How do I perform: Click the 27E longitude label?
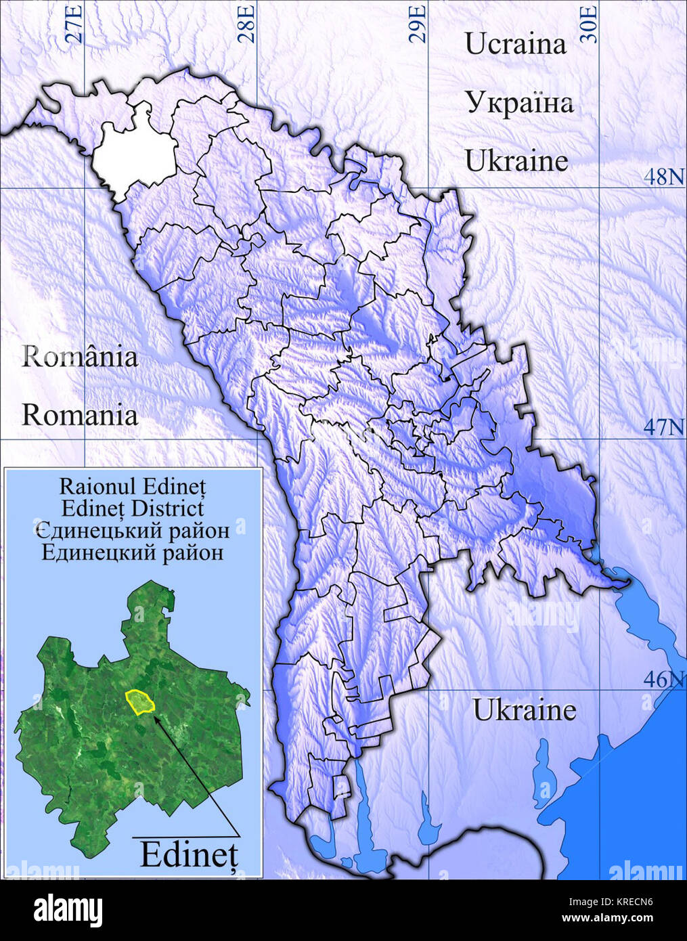(x=76, y=24)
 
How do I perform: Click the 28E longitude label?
(x=248, y=24)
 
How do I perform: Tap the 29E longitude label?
(x=420, y=24)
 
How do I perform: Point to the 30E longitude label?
(x=591, y=24)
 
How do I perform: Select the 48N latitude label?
(x=663, y=177)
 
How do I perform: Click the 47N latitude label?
(x=663, y=427)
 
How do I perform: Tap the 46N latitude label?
(x=663, y=679)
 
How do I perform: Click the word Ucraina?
(x=515, y=44)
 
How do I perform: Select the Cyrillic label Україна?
(x=518, y=103)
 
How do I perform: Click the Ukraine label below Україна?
(x=516, y=161)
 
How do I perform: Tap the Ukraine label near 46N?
(x=524, y=710)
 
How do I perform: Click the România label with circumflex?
(x=80, y=356)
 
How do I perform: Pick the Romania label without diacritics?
(x=80, y=414)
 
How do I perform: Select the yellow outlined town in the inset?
(x=140, y=702)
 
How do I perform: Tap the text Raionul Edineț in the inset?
(x=133, y=486)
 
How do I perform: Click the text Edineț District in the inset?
(x=133, y=508)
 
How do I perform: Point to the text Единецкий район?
(x=133, y=552)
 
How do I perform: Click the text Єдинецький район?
(x=133, y=530)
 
